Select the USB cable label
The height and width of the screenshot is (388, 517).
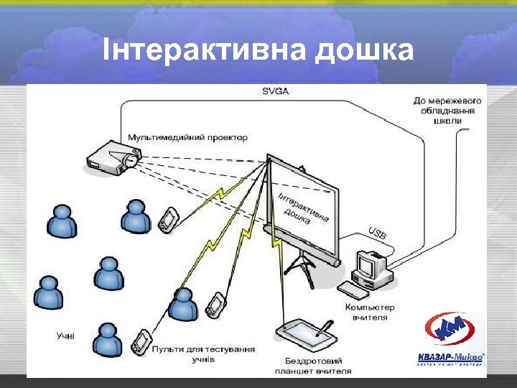[x=377, y=231]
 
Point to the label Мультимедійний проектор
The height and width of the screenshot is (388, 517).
[x=187, y=137]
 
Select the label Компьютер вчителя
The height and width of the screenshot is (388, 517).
[x=370, y=312]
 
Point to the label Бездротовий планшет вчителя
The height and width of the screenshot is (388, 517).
[x=313, y=366]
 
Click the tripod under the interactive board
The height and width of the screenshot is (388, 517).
[x=300, y=265]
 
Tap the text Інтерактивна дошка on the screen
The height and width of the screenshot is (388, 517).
[x=303, y=208]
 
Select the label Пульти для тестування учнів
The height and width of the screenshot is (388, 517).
[x=202, y=353]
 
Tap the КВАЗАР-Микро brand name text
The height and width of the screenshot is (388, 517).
[x=450, y=356]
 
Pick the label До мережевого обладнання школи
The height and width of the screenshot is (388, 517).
[x=447, y=111]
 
